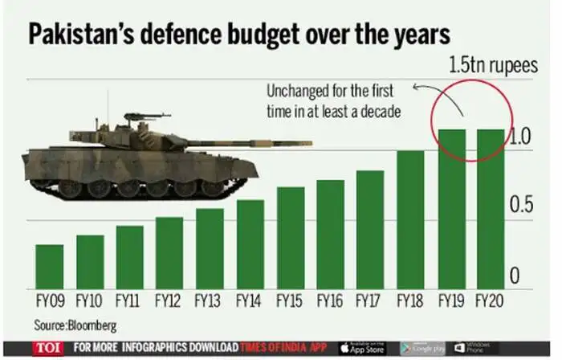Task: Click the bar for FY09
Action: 49,267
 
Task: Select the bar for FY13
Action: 210,249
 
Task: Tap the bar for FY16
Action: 330,235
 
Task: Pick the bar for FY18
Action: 410,219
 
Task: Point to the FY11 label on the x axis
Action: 129,303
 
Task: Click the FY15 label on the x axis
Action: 290,303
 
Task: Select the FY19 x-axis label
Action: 450,303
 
